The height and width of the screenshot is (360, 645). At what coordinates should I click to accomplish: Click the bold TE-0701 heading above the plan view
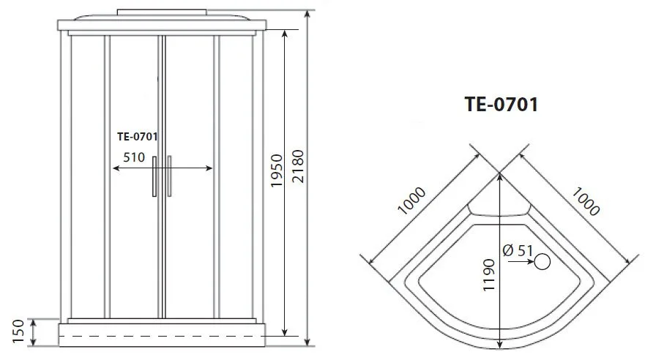pyautogui.click(x=501, y=105)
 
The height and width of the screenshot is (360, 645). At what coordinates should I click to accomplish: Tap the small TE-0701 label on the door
pyautogui.click(x=138, y=136)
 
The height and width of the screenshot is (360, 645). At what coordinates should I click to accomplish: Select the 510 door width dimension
pyautogui.click(x=134, y=157)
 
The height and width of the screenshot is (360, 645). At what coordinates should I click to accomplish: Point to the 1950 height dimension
pyautogui.click(x=277, y=171)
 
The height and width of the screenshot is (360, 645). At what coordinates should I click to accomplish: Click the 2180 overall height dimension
pyautogui.click(x=297, y=166)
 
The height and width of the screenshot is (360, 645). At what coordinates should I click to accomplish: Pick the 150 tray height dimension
pyautogui.click(x=18, y=331)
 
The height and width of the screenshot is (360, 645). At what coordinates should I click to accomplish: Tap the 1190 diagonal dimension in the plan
pyautogui.click(x=488, y=275)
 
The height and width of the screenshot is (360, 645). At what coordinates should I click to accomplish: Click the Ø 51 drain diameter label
pyautogui.click(x=518, y=250)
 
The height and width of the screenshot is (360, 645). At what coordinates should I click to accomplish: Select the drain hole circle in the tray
pyautogui.click(x=543, y=262)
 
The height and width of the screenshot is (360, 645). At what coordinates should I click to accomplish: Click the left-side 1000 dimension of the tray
pyautogui.click(x=411, y=200)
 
